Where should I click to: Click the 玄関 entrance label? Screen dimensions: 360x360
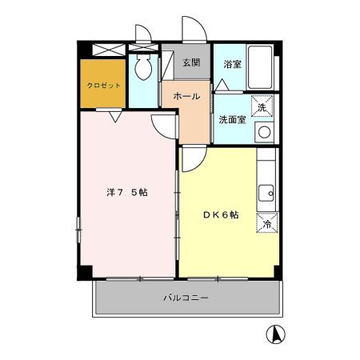point(191,62)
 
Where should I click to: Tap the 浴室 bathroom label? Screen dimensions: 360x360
point(233,64)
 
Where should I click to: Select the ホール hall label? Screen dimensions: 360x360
point(186,96)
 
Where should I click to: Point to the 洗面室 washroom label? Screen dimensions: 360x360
point(232,120)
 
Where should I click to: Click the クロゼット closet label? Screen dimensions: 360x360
point(103,86)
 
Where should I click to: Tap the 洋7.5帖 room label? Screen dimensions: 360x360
point(127,192)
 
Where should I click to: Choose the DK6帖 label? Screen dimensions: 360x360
point(221,214)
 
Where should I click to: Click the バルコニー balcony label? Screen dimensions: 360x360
point(186,298)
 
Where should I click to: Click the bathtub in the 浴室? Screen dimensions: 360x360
point(260,68)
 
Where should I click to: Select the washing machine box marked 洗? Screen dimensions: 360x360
point(262,106)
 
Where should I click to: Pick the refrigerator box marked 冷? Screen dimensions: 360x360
point(267,223)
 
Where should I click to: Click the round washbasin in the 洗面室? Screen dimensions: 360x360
point(264,133)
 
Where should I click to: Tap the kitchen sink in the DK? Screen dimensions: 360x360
point(266,194)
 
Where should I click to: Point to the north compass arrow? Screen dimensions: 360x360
point(276,334)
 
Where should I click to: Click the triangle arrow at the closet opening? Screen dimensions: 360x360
point(115,117)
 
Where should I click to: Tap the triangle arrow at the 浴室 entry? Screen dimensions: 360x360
point(222,85)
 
